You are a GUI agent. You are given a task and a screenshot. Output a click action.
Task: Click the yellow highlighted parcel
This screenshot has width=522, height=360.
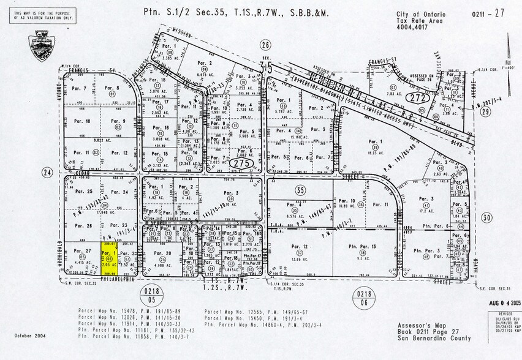110,258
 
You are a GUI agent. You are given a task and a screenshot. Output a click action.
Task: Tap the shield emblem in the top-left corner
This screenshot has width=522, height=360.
42,46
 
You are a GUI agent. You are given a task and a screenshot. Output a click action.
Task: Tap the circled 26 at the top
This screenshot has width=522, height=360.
265,44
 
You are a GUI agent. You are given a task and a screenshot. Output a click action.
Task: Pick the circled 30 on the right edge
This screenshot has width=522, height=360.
487,217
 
